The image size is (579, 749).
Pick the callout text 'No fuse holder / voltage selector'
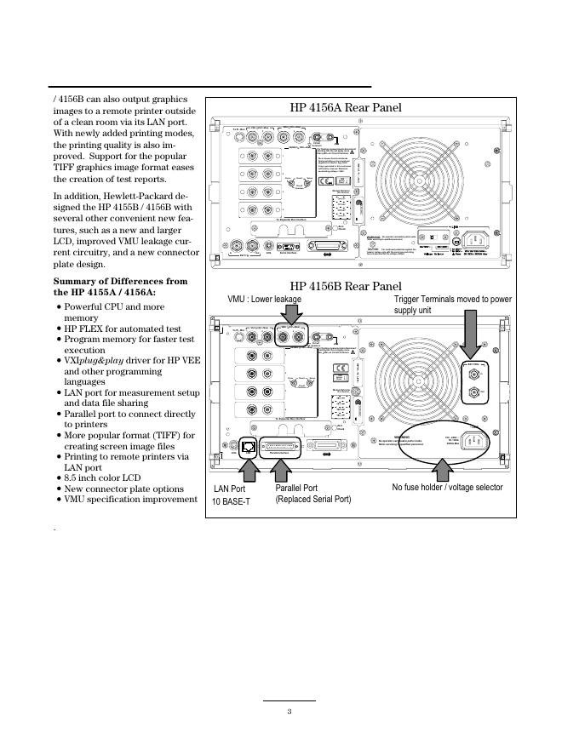(x=447, y=488)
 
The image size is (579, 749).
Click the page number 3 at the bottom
(x=289, y=712)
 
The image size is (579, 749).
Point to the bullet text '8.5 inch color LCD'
(x=102, y=478)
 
